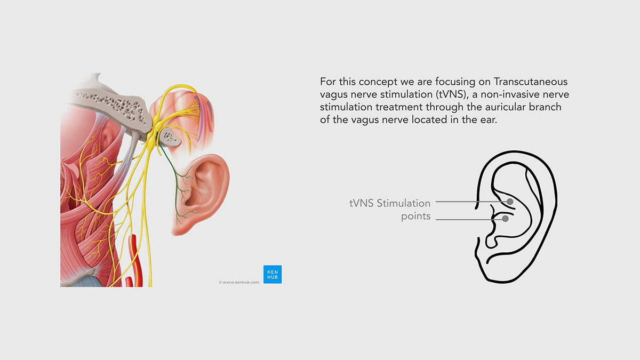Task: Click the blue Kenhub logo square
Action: coord(273,274)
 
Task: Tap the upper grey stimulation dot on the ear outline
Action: coord(510,202)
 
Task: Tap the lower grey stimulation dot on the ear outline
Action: coord(505,219)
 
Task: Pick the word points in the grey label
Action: coord(416,217)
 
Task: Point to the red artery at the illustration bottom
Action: coord(133,261)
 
